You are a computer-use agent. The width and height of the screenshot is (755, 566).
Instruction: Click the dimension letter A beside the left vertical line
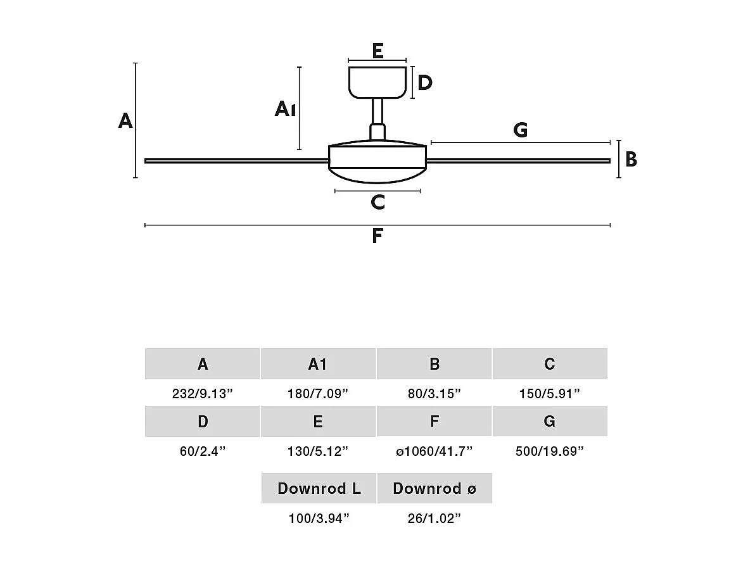125,120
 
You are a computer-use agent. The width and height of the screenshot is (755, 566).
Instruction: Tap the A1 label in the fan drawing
285,110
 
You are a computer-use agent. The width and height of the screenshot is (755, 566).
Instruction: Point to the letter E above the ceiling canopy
377,51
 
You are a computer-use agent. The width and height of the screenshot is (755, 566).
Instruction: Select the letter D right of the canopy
425,82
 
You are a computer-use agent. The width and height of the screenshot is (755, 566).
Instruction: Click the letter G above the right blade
520,130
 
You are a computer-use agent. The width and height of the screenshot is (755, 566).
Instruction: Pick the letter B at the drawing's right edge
631,160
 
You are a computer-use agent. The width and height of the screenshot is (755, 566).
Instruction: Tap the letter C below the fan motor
377,203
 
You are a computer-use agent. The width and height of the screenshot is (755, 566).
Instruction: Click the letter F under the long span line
377,236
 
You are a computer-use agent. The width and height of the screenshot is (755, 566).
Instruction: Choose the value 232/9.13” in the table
203,394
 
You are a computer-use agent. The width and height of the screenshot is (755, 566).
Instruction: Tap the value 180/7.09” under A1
318,394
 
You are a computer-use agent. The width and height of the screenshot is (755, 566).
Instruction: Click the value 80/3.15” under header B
434,394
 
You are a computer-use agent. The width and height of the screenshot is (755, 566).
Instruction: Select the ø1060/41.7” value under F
434,451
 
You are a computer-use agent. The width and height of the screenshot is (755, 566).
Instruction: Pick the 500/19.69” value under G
550,451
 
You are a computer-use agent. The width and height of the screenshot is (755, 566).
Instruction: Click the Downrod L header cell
319,488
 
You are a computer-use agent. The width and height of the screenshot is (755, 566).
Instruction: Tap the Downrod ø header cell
435,488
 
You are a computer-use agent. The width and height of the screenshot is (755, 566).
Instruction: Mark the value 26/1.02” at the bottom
434,519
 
